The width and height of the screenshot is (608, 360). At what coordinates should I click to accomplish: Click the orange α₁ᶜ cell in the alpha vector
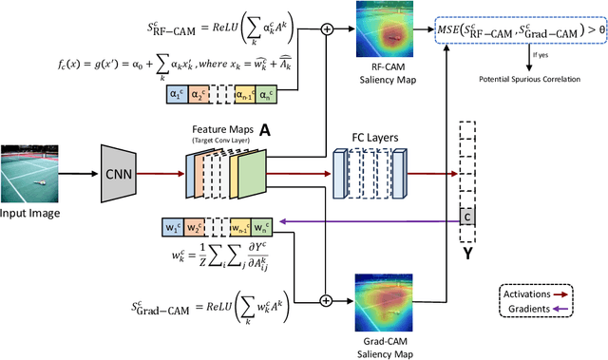[x=176, y=94]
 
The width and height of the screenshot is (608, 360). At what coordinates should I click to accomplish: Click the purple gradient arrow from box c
[x=370, y=222]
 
